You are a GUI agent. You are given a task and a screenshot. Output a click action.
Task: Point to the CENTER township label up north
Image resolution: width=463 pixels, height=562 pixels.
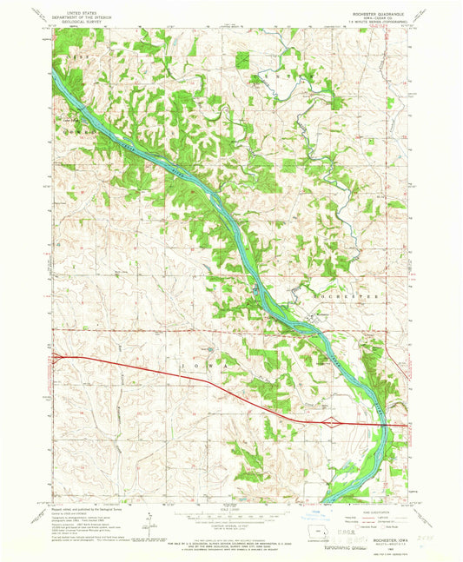(x=282, y=78)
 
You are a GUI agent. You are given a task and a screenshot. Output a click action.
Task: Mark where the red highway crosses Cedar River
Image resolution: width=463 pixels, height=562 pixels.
(x=380, y=425)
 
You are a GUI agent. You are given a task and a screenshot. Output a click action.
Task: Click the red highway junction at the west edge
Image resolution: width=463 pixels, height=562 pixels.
(x=56, y=355)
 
